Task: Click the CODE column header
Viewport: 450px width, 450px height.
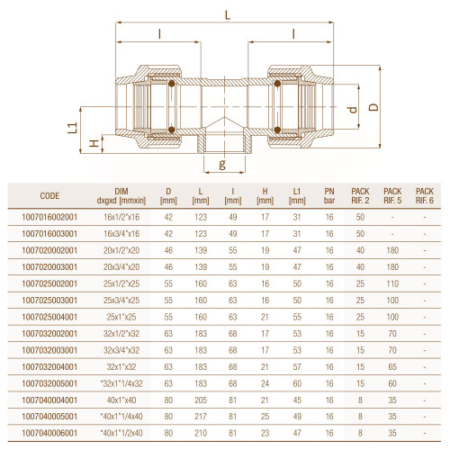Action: [x=49, y=196]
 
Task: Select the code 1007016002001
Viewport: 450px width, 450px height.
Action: [x=49, y=217]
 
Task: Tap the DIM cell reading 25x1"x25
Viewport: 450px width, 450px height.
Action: [x=121, y=317]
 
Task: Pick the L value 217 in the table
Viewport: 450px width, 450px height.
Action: [x=201, y=417]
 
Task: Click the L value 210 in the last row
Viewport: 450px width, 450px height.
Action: [x=201, y=433]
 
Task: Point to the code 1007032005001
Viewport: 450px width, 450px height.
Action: [x=49, y=383]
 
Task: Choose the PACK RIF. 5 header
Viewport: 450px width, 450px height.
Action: [x=392, y=196]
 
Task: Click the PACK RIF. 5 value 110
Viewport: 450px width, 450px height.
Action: [x=392, y=283]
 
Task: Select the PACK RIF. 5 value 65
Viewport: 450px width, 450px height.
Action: [x=392, y=366]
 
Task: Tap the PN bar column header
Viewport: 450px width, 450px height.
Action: [x=329, y=196]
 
